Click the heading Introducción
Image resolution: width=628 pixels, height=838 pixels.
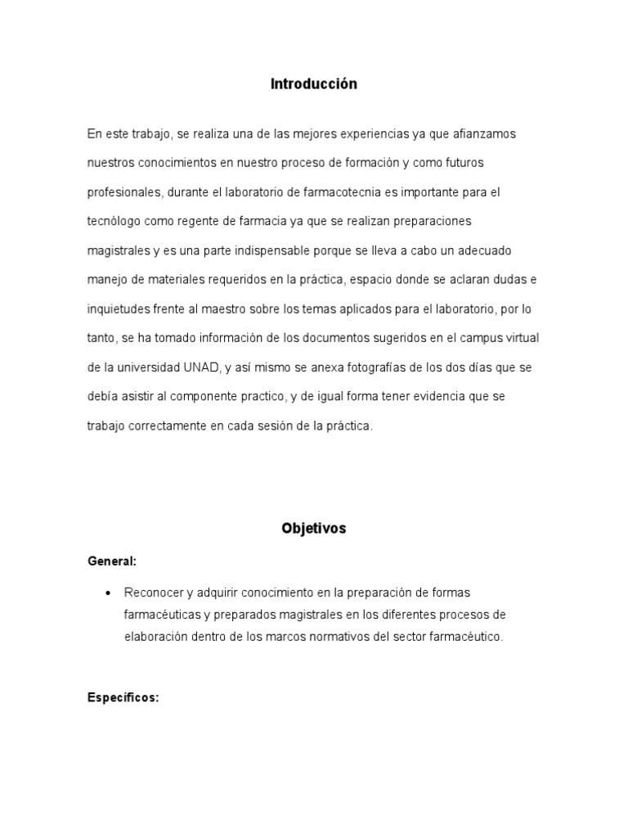[314, 84]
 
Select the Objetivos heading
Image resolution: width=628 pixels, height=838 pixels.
[314, 529]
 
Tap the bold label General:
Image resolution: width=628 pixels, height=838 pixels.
[112, 562]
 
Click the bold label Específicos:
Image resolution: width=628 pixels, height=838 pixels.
[123, 675]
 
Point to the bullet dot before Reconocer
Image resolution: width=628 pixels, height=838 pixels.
[108, 592]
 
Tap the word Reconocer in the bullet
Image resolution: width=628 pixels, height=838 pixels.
[152, 592]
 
